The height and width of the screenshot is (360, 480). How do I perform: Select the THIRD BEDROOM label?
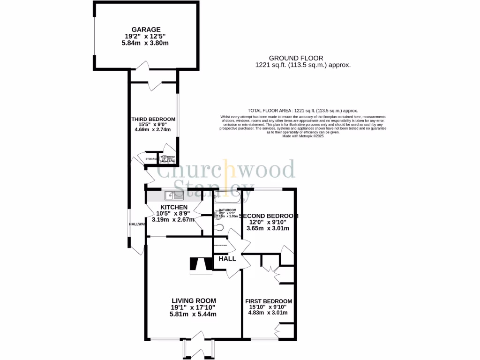pos(153,119)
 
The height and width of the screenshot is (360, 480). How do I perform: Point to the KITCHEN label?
pos(174,207)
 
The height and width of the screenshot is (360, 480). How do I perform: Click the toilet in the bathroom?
pos(220,227)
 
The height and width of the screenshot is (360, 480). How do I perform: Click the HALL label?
pos(227,258)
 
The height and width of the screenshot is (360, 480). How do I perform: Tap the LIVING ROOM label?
pos(194,301)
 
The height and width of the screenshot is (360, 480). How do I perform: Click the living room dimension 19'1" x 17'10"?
pos(194,307)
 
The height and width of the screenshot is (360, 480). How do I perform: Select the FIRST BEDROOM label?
pos(269,301)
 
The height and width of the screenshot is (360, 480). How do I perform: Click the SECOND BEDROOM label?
pos(269,216)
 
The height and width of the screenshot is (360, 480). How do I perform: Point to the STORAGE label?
pos(151,159)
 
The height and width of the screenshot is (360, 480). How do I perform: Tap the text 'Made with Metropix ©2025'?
pos(303,135)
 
